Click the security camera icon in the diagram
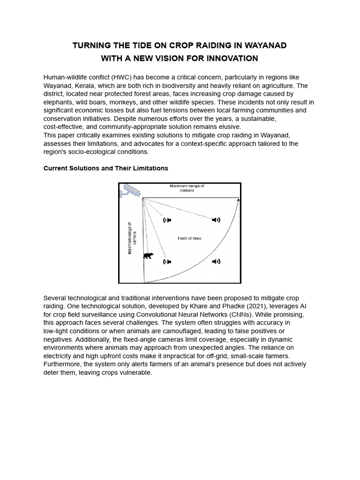tap(131, 190)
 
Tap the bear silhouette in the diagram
tap(148, 255)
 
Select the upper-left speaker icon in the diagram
tap(167, 220)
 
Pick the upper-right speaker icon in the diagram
tap(216, 220)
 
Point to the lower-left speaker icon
tap(167, 261)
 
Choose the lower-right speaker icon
tap(216, 261)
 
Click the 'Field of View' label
tap(189, 239)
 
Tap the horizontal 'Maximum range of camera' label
tap(187, 188)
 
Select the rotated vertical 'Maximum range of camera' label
tap(132, 238)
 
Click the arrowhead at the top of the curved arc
tap(239, 201)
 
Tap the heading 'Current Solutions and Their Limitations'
tap(105, 168)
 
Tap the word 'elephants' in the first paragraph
tap(58, 102)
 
